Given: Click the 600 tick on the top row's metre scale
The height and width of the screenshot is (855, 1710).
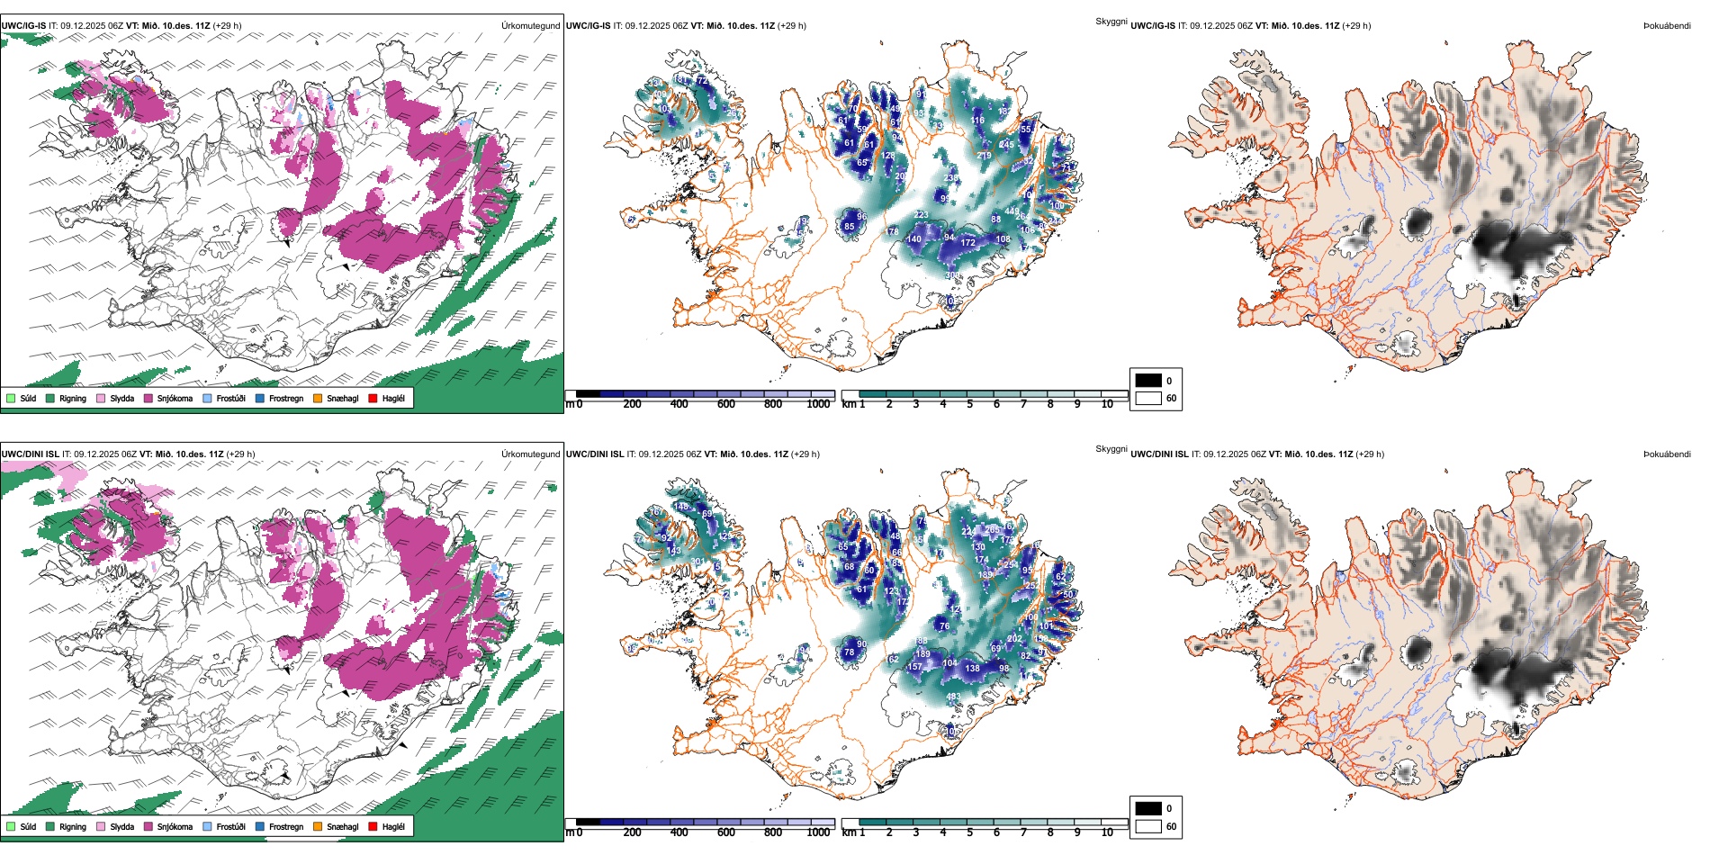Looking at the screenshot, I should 726,404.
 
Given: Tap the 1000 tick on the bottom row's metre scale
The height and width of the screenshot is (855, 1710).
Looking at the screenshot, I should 818,832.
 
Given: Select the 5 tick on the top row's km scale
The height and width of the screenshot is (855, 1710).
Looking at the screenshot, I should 969,404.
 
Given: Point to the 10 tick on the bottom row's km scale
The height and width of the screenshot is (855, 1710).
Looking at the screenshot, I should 1107,832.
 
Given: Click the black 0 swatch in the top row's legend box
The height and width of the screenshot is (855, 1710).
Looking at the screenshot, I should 1148,381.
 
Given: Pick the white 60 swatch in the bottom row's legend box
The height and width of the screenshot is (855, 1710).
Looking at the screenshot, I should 1148,826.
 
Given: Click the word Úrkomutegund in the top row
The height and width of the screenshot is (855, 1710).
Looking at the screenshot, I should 530,26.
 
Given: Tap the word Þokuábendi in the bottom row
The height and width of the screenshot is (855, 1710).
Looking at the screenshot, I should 1667,454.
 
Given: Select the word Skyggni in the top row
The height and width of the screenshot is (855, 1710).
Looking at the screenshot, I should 1111,21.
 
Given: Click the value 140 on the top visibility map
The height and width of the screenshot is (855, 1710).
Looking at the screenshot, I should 913,239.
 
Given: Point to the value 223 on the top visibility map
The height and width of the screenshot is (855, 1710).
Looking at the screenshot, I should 921,215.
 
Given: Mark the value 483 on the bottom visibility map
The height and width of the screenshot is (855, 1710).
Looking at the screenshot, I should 952,697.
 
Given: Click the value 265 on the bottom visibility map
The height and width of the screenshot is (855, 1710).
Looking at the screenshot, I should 992,530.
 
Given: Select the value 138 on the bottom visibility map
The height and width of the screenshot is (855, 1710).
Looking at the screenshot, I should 972,669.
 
